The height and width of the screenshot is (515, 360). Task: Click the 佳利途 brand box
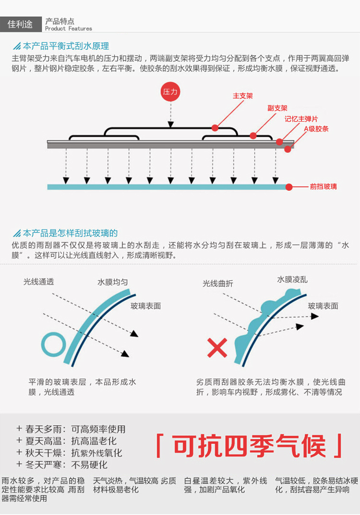pyautogui.click(x=20, y=24)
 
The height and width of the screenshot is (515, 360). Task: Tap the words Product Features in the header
pyautogui.click(x=68, y=29)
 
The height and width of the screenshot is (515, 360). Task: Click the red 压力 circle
pyautogui.click(x=170, y=92)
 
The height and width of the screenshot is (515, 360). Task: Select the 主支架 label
pyautogui.click(x=242, y=96)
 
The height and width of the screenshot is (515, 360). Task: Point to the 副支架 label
pyautogui.click(x=277, y=108)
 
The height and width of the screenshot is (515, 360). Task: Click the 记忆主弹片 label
pyautogui.click(x=301, y=119)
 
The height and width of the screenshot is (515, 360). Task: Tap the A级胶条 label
pyautogui.click(x=316, y=129)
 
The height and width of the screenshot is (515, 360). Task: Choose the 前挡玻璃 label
pyautogui.click(x=323, y=186)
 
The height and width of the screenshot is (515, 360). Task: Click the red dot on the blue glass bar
pyautogui.click(x=289, y=187)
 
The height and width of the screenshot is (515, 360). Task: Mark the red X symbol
pyautogui.click(x=217, y=347)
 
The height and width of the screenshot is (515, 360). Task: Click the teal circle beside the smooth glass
pyautogui.click(x=53, y=344)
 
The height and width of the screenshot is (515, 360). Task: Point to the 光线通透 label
pyautogui.click(x=39, y=282)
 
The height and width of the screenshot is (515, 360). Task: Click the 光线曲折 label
pyautogui.click(x=217, y=283)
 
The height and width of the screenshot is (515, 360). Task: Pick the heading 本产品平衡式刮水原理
pyautogui.click(x=66, y=46)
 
